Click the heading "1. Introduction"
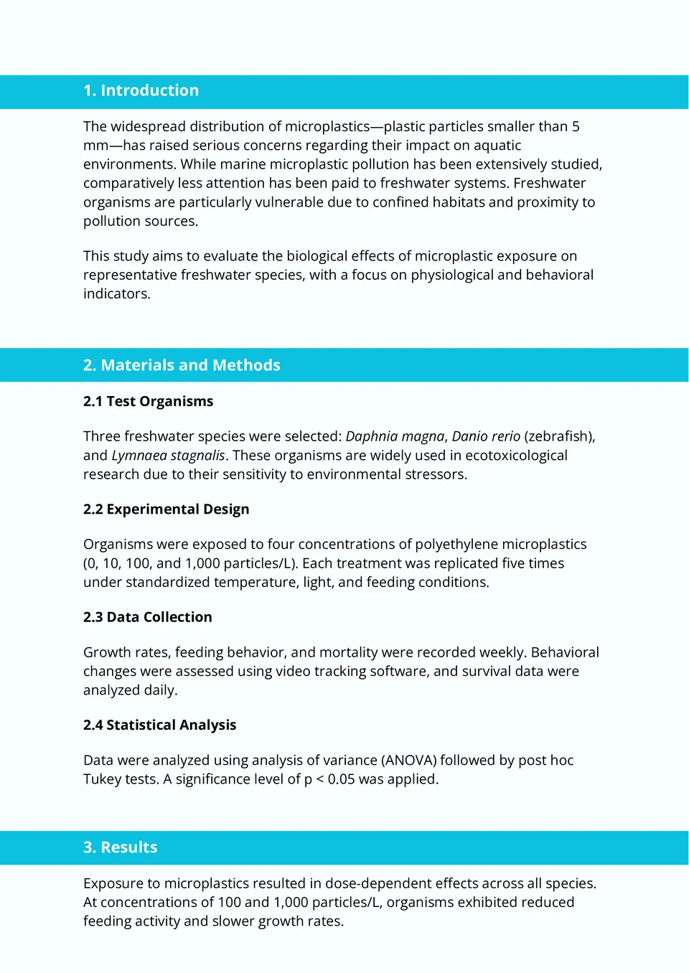141,91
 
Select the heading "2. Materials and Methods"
182,365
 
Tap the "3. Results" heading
120,847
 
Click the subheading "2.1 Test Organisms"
148,402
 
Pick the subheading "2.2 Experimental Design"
166,509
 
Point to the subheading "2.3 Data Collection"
147,617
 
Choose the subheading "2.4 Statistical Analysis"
159,725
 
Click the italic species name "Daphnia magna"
395,437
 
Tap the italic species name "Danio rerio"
486,437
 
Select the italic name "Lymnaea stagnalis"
168,456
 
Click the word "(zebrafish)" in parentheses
559,437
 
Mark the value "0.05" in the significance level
341,779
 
